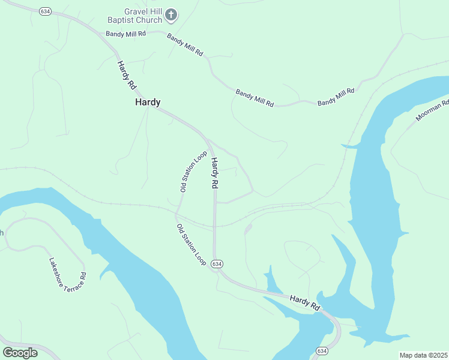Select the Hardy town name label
[147, 103]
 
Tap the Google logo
[20, 353]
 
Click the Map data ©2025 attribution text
[423, 355]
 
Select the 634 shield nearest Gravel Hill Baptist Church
[45, 11]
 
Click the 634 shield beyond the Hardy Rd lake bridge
[322, 350]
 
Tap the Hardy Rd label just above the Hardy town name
[127, 76]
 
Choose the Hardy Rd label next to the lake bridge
[304, 302]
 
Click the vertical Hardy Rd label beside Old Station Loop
[214, 173]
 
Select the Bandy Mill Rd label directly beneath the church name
[126, 34]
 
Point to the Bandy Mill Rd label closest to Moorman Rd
[336, 97]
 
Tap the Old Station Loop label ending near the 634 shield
[191, 245]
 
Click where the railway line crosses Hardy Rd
[214, 226]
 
